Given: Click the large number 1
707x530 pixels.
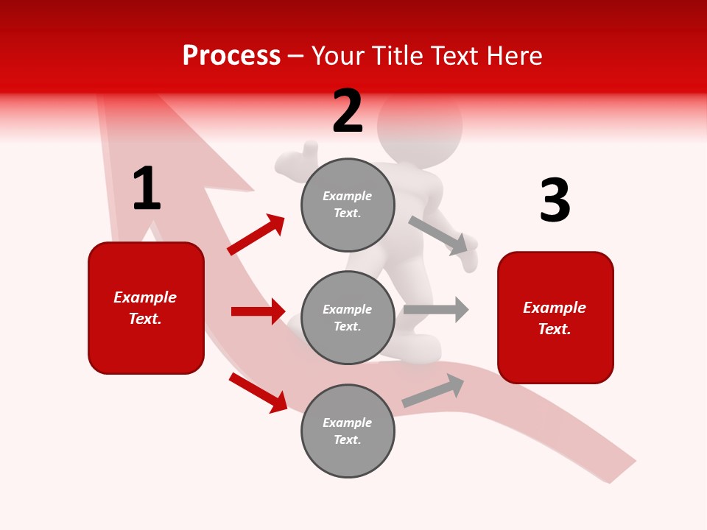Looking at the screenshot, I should (147, 189).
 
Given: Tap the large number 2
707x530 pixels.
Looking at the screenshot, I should (348, 111).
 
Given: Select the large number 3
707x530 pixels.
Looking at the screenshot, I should (555, 201).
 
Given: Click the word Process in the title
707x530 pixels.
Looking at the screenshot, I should (231, 55).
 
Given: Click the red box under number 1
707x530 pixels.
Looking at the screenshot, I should (146, 308).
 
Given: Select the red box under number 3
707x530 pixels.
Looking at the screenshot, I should (555, 317).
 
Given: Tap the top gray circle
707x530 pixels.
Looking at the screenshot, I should (348, 204).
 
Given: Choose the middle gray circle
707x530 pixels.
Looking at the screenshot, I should (348, 317).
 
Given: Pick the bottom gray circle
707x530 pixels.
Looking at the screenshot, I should (348, 431).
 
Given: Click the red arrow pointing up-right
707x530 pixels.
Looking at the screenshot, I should (256, 235).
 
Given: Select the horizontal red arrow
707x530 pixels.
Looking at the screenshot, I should (258, 311).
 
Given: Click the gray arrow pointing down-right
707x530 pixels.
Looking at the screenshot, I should (438, 235).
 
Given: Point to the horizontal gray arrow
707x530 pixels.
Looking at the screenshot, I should (436, 309).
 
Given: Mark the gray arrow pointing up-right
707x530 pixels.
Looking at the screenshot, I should (433, 390).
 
